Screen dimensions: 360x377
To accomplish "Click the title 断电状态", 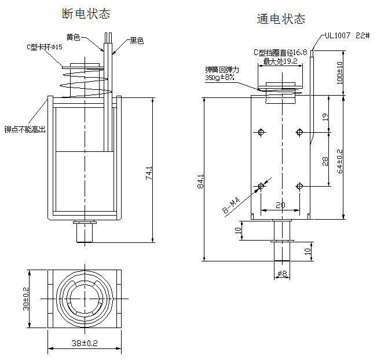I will click(x=85, y=13).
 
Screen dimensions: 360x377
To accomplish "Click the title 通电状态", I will click(x=281, y=19).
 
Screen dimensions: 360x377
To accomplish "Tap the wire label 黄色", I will click(x=74, y=37).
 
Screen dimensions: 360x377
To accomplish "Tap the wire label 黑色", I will click(x=137, y=41).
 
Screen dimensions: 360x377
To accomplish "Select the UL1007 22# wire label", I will click(x=347, y=35).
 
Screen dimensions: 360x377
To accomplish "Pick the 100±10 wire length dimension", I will click(x=340, y=72).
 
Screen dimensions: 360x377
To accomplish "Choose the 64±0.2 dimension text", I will click(x=340, y=161).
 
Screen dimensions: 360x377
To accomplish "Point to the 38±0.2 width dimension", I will click(x=85, y=343).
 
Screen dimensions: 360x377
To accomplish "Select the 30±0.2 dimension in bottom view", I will click(x=25, y=299).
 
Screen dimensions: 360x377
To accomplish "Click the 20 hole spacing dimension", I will click(x=280, y=205).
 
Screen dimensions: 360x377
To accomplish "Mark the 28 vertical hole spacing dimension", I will click(x=325, y=161).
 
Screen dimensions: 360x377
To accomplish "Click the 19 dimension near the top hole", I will click(x=325, y=117).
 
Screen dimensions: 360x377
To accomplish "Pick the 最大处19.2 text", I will click(x=280, y=60).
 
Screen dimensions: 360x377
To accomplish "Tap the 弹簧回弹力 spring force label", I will click(x=222, y=69).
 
